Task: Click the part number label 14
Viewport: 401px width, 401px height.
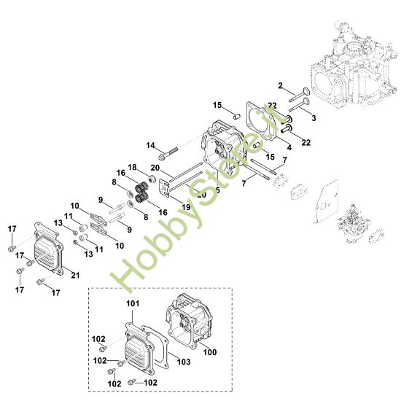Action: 150,145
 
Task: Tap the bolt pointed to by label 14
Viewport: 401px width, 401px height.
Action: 168,153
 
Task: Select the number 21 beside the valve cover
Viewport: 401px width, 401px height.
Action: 75,276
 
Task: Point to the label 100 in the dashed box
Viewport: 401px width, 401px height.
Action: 210,352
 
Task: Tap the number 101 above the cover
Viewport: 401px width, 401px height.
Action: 133,303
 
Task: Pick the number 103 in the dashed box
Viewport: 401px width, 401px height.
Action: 184,362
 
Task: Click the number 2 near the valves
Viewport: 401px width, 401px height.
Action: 281,85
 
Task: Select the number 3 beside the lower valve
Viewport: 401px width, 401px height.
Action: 314,118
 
